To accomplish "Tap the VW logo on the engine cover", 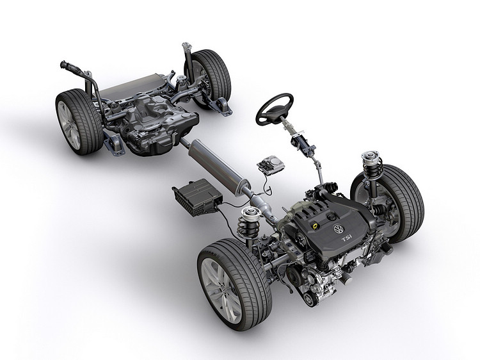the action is pyautogui.click(x=338, y=229).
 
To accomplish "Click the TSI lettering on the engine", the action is pyautogui.click(x=347, y=238).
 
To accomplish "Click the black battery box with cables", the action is pyautogui.click(x=198, y=197).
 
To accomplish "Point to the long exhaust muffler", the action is pyautogui.click(x=218, y=165).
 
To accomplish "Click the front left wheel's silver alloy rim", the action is pyautogui.click(x=221, y=290).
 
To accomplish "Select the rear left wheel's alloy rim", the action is pyautogui.click(x=68, y=125).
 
